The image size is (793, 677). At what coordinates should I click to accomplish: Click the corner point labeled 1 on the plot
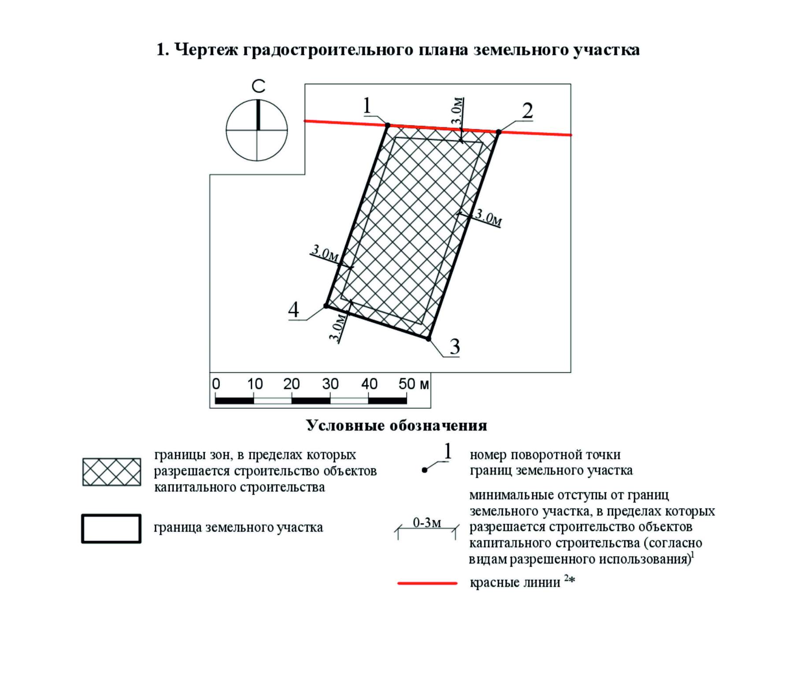[x=388, y=126]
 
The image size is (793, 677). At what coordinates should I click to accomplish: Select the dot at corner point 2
[x=499, y=132]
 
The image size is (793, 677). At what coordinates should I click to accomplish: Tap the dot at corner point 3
[x=428, y=338]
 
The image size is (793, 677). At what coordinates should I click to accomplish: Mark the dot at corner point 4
[x=326, y=305]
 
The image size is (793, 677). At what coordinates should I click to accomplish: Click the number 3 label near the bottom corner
[x=455, y=347]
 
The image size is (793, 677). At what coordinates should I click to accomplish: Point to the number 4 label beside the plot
[x=293, y=310]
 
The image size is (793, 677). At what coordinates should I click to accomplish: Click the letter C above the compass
[x=259, y=86]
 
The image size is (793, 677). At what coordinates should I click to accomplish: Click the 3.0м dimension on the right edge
[x=489, y=217]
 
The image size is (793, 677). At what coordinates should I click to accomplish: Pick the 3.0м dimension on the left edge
[x=326, y=253]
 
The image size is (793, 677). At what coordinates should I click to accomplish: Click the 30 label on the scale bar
[x=330, y=384]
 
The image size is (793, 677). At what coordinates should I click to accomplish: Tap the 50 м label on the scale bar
[x=413, y=384]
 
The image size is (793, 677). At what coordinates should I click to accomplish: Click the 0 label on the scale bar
[x=216, y=384]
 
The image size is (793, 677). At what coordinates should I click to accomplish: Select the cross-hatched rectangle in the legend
[x=111, y=472]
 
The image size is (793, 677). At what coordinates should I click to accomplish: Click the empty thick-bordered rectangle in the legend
[x=111, y=528]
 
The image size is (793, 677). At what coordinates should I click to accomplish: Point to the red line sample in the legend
[x=427, y=583]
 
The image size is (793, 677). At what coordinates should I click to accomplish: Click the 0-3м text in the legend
[x=426, y=523]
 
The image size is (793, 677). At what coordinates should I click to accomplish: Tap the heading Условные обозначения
[x=396, y=426]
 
